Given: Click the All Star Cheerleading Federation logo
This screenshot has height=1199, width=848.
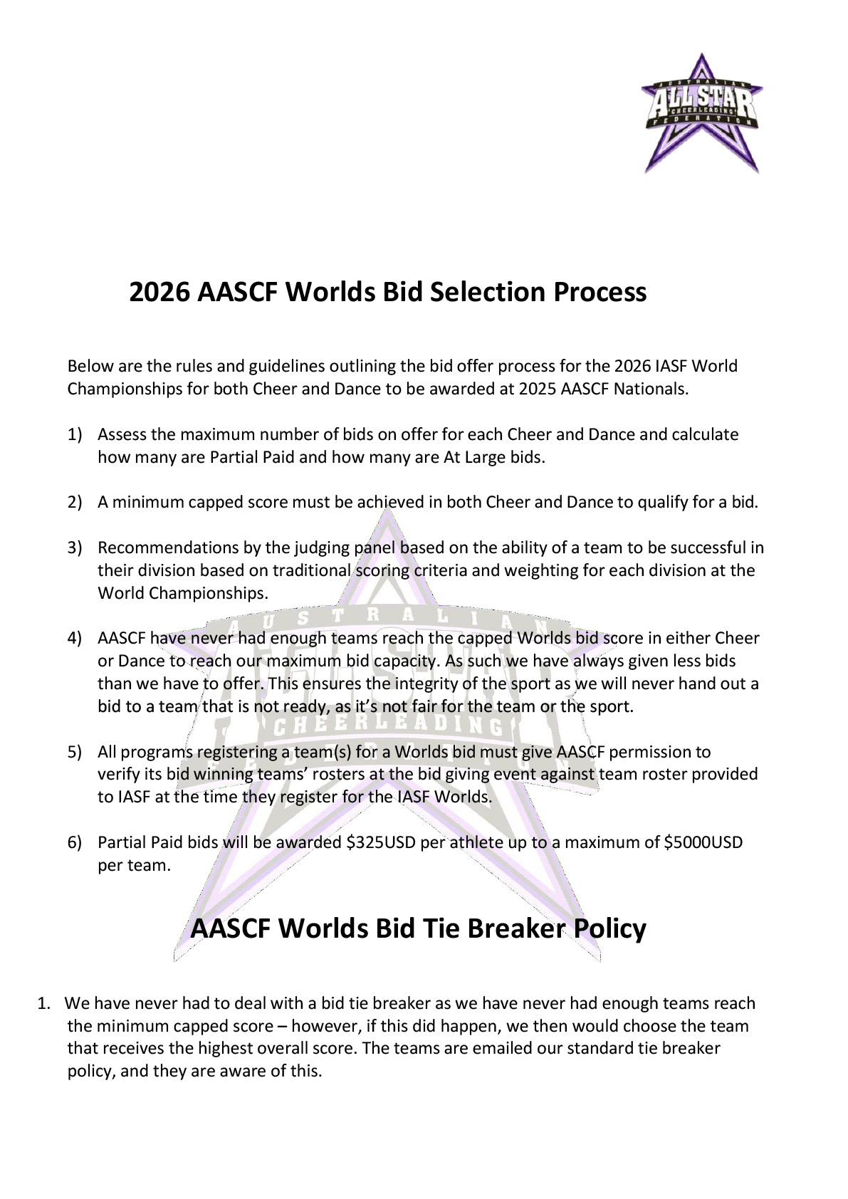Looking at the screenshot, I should [701, 112].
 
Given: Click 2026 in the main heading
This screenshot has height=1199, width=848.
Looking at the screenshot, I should [159, 292].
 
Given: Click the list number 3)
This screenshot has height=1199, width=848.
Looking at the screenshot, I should [75, 548].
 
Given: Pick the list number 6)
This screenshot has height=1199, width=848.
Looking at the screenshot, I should [75, 842].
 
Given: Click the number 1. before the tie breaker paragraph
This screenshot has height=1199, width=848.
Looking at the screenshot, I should [44, 1003].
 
